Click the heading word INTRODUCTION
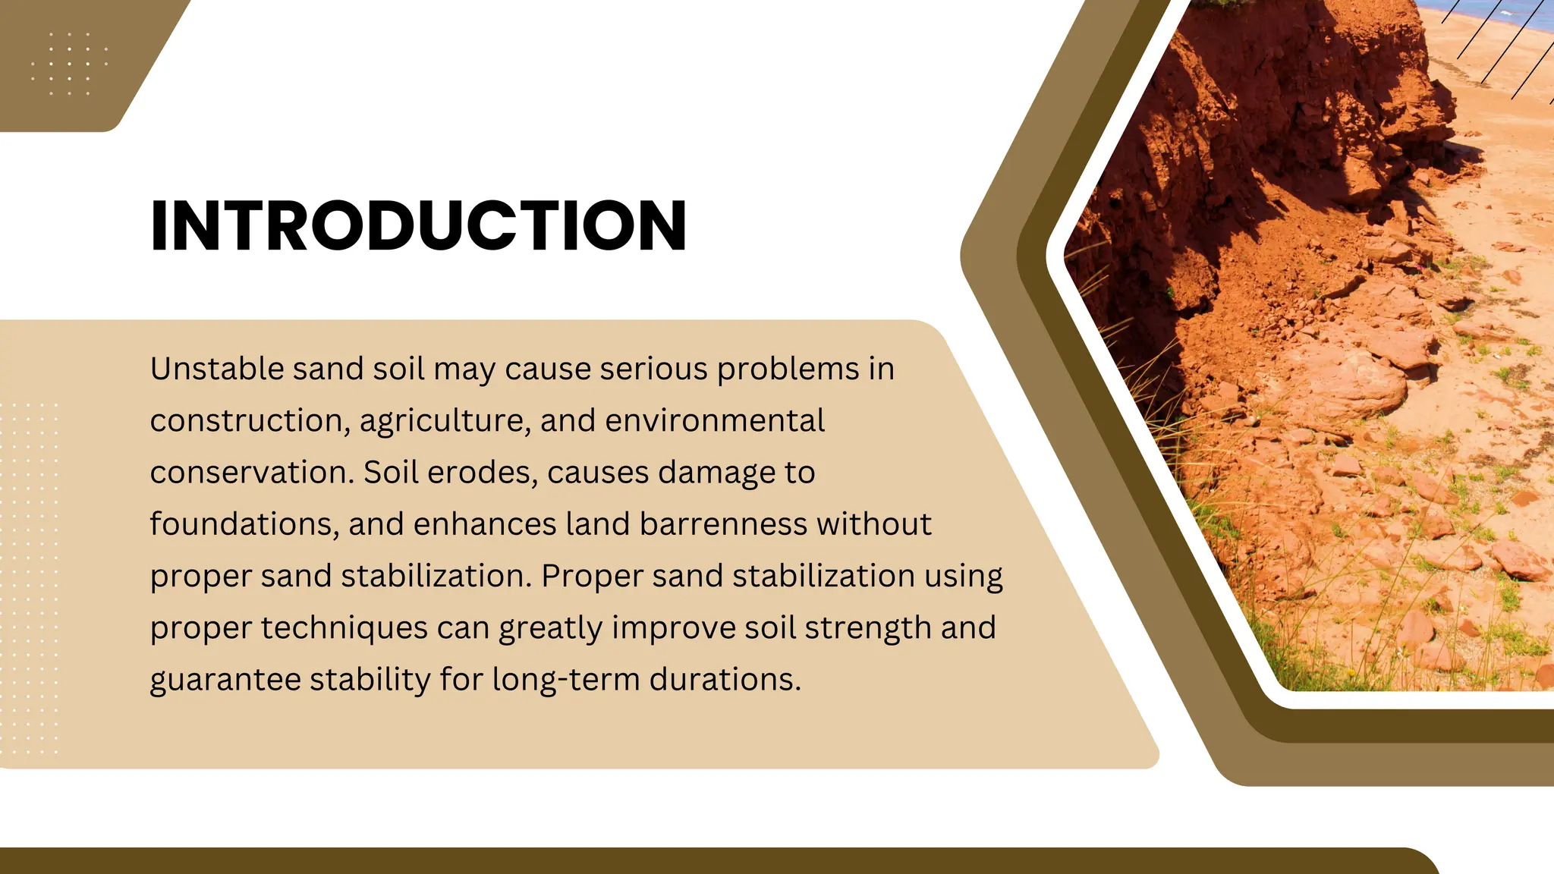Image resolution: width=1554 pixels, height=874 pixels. [x=418, y=225]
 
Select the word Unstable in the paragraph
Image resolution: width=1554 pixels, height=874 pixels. [x=216, y=369]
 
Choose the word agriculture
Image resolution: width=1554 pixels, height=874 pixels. [x=445, y=422]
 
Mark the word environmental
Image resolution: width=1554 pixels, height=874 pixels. [x=714, y=420]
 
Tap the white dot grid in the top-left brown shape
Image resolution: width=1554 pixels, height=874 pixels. [x=69, y=64]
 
